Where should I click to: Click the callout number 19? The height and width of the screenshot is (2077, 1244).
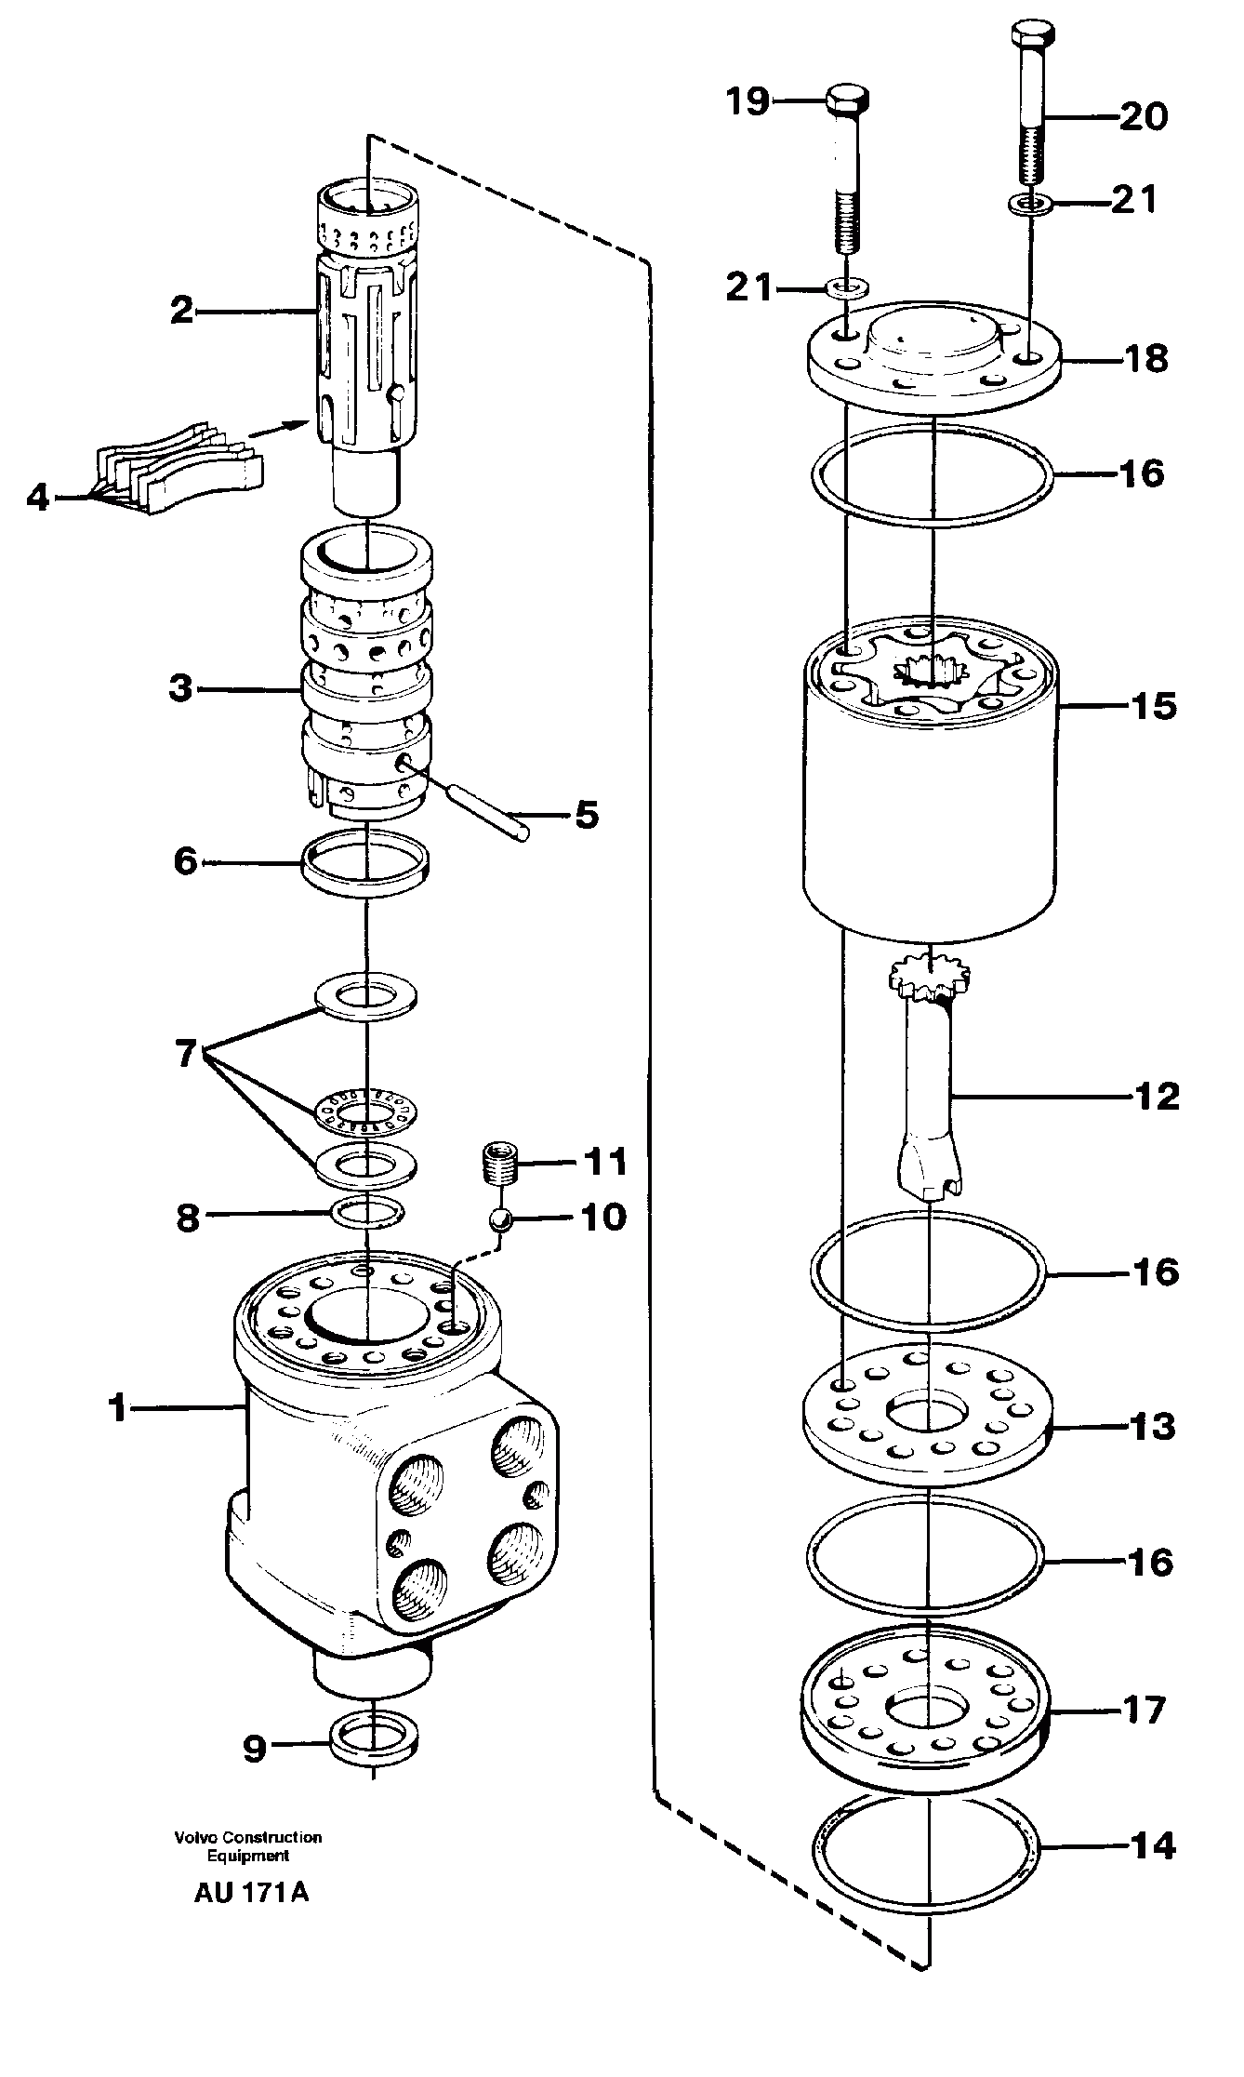coord(748,100)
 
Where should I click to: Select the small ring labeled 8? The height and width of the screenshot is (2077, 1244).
coord(368,1211)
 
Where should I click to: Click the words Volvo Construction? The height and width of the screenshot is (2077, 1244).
coord(247,1837)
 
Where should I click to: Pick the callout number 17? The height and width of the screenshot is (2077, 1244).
coord(1144,1710)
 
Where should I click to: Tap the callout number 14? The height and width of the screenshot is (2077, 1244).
coord(1151,1844)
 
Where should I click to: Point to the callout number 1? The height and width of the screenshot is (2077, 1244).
coord(117,1408)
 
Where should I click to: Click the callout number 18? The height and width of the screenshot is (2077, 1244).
coord(1145,357)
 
